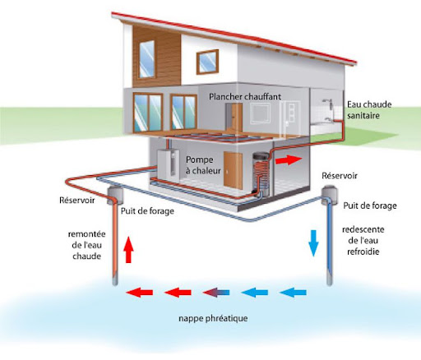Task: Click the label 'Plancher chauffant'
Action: (245, 97)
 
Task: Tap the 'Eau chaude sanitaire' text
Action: (369, 109)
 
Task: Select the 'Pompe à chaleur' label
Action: (203, 165)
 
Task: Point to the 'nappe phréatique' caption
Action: (213, 318)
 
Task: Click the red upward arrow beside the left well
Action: (128, 249)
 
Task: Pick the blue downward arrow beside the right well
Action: (313, 243)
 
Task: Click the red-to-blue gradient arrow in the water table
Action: (216, 293)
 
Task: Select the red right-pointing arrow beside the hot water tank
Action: (289, 159)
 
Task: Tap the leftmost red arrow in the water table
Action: (140, 293)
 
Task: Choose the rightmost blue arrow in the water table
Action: (293, 293)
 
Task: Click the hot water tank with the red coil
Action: (261, 175)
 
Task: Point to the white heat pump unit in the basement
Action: (168, 164)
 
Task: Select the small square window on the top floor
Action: (207, 62)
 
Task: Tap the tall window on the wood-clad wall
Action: (147, 59)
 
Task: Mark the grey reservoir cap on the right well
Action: (329, 194)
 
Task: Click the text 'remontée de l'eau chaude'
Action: (86, 245)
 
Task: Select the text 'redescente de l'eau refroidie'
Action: (363, 240)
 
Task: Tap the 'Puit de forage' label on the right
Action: (370, 205)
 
